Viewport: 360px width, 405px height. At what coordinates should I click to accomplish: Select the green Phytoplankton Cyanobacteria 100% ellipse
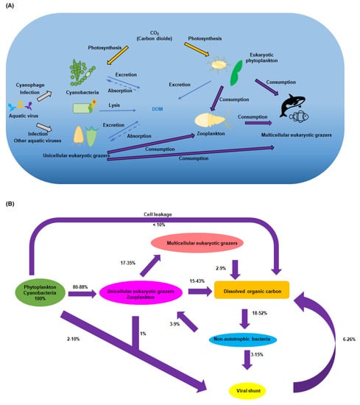pos(46,293)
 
